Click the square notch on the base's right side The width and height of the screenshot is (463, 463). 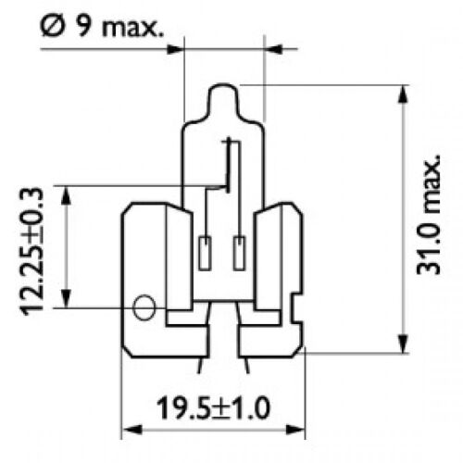coord(297,307)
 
